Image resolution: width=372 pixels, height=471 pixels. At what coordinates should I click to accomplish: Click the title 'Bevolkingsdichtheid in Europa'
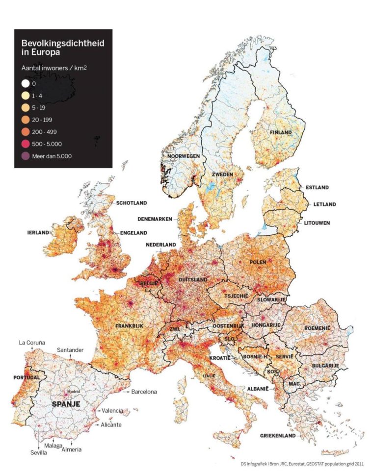(62, 48)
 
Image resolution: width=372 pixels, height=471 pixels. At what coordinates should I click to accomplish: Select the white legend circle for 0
(26, 84)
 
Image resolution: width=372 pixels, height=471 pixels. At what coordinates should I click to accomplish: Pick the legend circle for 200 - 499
(26, 132)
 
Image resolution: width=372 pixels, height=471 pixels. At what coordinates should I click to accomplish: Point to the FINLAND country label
(280, 132)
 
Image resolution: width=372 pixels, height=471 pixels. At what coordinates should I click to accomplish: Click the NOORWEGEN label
(183, 156)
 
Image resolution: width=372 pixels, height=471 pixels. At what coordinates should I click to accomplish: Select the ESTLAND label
(317, 187)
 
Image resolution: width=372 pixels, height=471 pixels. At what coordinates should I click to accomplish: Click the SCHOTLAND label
(131, 202)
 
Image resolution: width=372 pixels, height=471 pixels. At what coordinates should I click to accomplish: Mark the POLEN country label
(258, 262)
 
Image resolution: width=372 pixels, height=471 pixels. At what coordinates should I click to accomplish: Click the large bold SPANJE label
(66, 404)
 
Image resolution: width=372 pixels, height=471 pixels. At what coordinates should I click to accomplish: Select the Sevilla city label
(38, 452)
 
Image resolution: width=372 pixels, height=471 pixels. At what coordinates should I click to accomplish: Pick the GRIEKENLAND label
(278, 435)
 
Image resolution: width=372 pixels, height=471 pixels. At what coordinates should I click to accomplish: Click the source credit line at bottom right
(302, 463)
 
